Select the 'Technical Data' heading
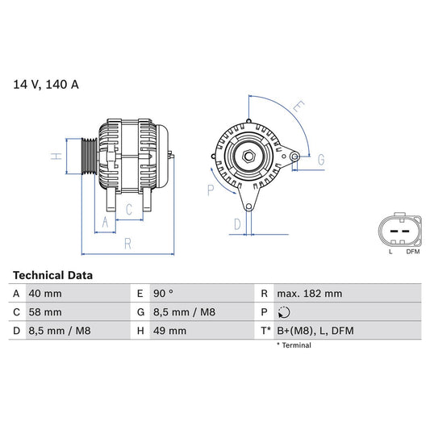click(52, 275)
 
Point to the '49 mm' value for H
click(170, 331)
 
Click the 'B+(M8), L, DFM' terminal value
click(315, 331)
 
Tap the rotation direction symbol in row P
click(282, 312)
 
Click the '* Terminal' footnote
click(294, 345)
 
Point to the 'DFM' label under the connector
click(412, 252)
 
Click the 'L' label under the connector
click(390, 252)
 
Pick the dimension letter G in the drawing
click(320, 160)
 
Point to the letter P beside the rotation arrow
click(211, 190)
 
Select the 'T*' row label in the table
click(266, 331)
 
